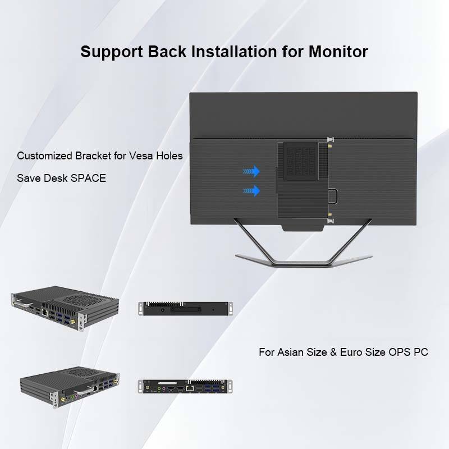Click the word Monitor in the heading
[338, 52]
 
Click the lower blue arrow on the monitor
[251, 191]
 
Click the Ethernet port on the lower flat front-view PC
[191, 387]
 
